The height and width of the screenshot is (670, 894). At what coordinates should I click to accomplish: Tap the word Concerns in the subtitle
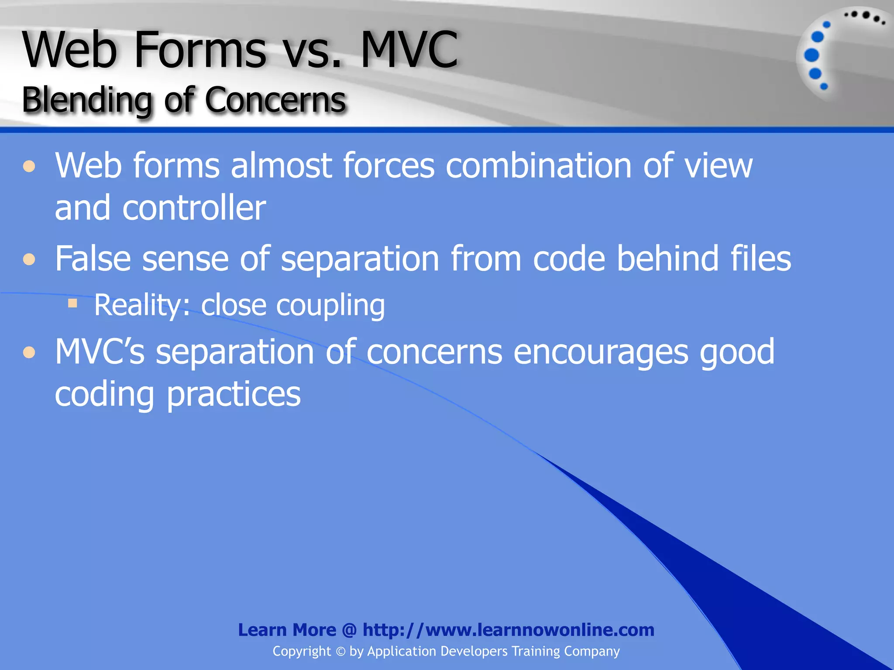pos(275,100)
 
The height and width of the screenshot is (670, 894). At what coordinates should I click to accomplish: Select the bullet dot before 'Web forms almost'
pos(29,166)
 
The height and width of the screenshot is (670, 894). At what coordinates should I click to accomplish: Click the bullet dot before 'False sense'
pos(29,260)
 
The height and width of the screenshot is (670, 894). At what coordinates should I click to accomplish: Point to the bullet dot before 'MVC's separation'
pos(29,352)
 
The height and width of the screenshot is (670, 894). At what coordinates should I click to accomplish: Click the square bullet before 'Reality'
pos(72,303)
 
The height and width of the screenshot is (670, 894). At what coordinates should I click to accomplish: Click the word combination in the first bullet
pos(538,166)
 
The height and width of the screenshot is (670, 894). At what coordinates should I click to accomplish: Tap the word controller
pos(194,208)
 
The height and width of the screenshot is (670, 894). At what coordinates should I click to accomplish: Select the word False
pos(93,259)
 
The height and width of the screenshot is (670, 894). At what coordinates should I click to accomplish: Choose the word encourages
pos(601,352)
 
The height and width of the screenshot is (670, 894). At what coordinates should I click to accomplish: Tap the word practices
pos(234,394)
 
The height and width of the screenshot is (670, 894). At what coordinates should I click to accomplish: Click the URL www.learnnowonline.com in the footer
pos(540,630)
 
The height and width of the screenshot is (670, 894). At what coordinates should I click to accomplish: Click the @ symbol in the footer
pos(349,630)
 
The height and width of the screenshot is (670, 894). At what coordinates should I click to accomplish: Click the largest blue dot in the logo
pos(811,55)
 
